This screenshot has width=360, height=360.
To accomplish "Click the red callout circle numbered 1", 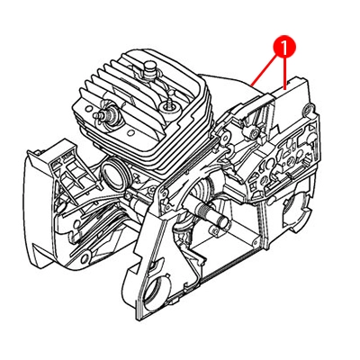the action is coord(284,46).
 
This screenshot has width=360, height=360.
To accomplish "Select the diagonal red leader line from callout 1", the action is coord(264,70).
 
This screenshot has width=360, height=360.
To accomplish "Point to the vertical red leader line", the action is coord(284,73).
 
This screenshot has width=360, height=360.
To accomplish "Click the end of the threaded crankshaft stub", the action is coord(224,222).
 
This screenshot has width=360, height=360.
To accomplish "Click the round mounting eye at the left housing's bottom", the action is coord(86,256).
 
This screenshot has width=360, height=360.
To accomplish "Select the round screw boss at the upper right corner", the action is coord(309,109).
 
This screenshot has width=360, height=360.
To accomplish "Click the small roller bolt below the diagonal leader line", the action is coord(254,131).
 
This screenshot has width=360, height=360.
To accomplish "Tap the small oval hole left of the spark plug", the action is coord(87,107).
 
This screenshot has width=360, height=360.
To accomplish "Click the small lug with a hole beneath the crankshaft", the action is coord(214,230).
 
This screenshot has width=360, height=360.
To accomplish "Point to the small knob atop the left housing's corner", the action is coord(37,153).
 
